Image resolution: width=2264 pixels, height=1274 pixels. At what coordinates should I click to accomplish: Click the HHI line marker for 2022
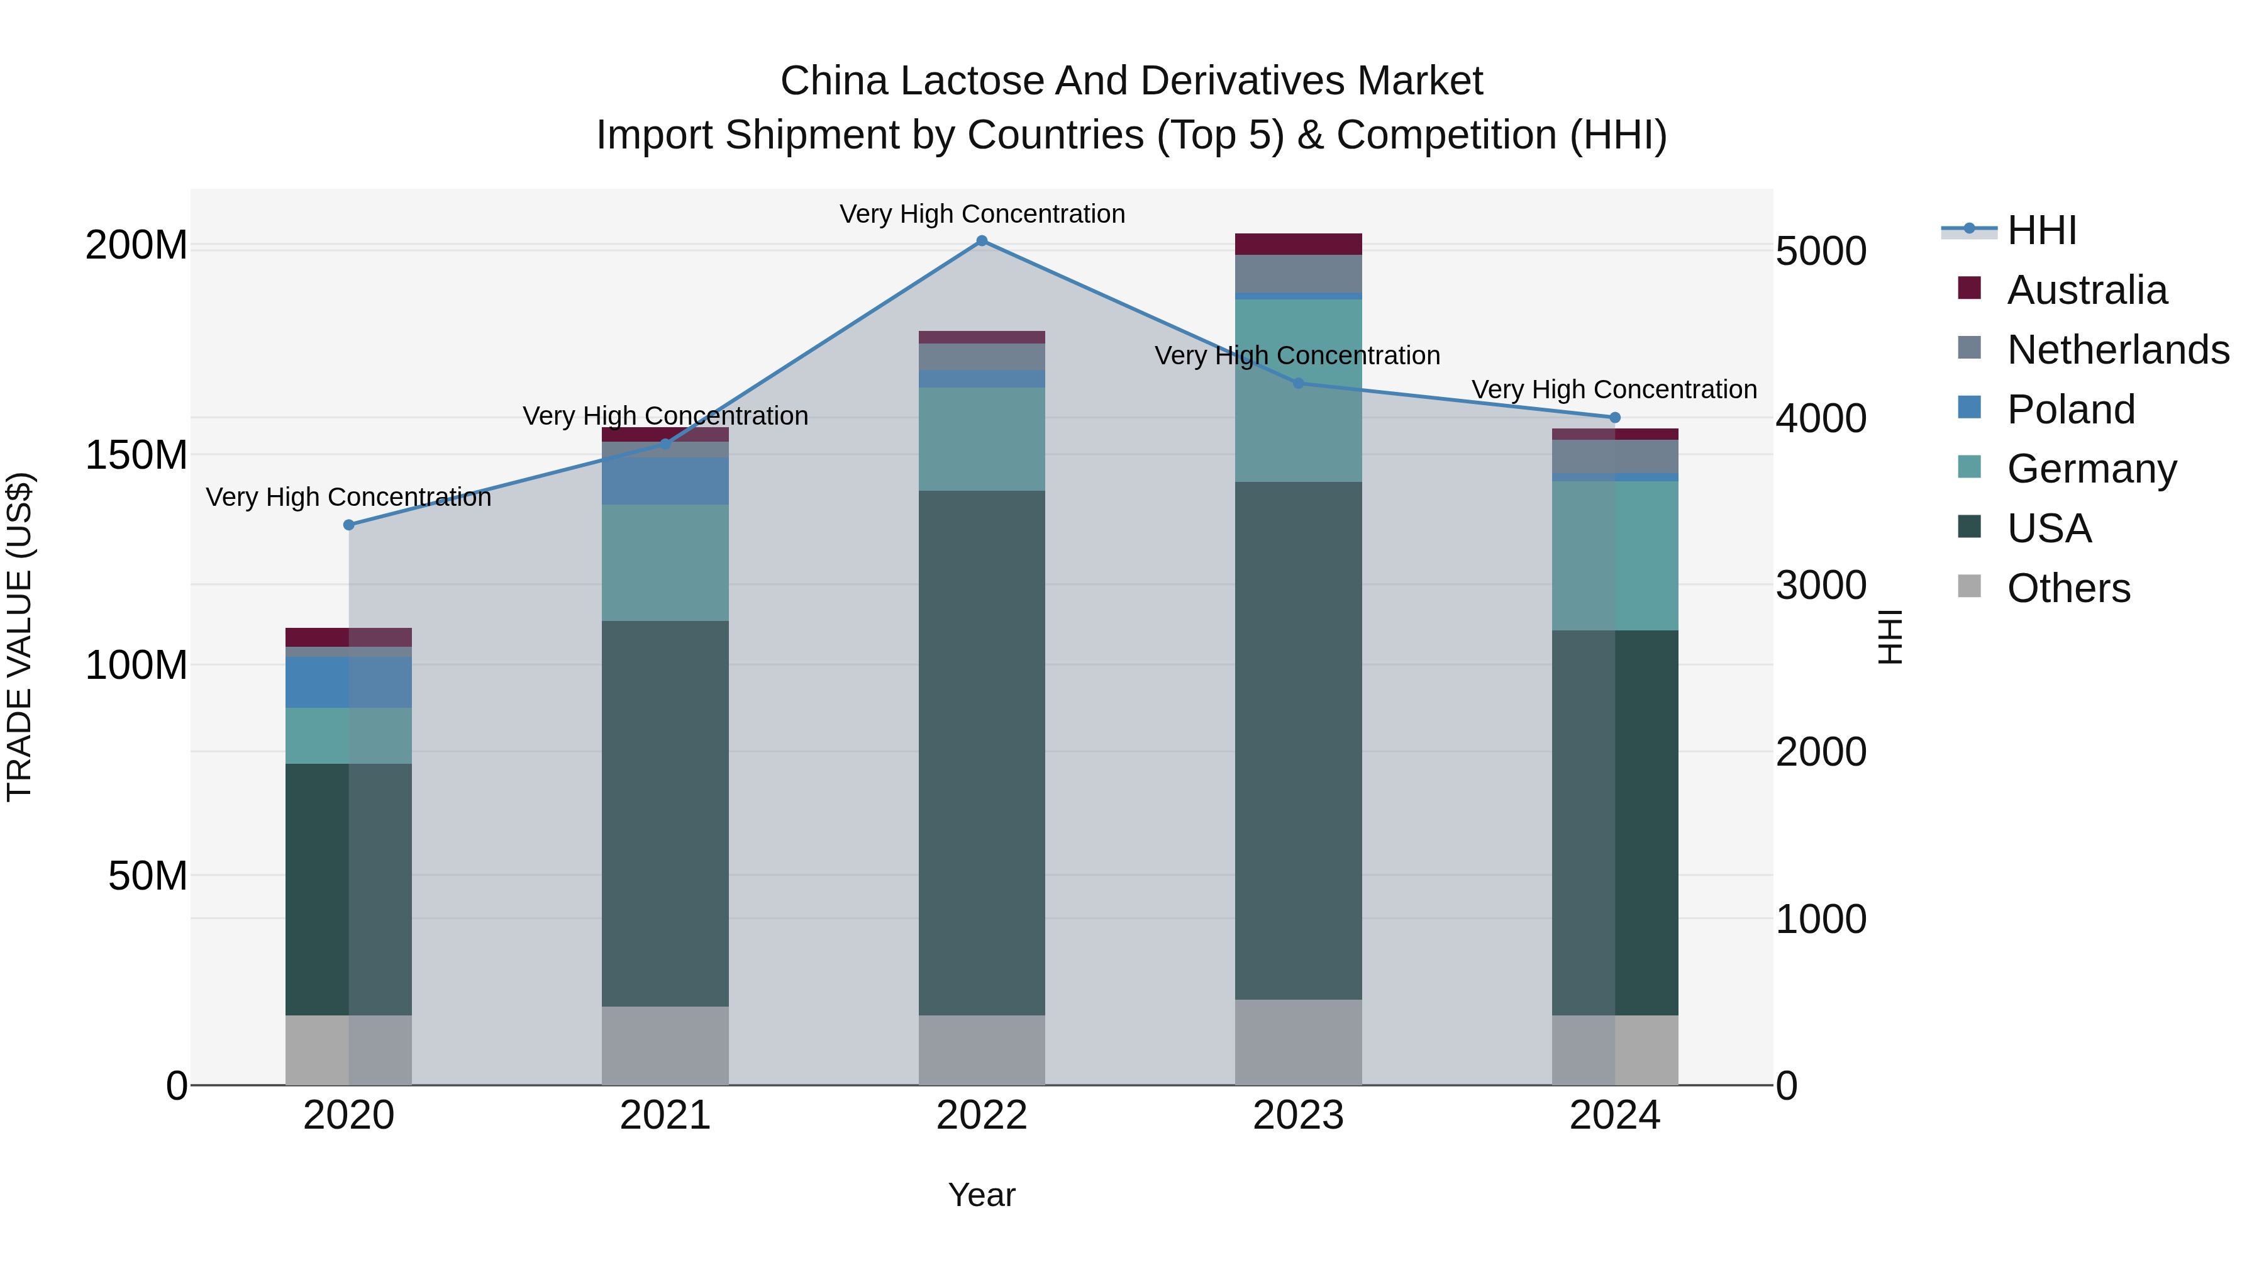982,241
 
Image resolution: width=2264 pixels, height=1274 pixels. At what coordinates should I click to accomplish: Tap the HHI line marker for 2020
349,525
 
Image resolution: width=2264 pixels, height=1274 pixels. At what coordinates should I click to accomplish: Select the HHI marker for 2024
1614,418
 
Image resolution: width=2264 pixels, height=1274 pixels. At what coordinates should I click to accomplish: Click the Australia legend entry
2087,290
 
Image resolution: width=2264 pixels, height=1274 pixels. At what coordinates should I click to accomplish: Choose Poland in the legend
2071,410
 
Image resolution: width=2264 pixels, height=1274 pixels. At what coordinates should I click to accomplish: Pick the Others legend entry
2068,588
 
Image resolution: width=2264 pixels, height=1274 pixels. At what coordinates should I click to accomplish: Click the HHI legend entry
2041,230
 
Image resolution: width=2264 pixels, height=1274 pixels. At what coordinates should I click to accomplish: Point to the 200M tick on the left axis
136,245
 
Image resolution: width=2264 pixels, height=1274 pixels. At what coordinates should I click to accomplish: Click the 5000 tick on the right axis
1821,252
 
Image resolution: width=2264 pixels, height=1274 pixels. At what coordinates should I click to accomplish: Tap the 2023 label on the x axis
1298,1115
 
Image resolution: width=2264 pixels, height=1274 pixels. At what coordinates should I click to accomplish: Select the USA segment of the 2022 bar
982,752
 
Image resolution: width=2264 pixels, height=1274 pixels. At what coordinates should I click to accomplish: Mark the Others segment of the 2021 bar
665,1046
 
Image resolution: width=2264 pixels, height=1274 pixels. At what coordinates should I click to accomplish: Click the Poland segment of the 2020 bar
349,682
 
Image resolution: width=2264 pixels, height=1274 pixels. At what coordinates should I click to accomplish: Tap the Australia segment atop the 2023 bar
1298,243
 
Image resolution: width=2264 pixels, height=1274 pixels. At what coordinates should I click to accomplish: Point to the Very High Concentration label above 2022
982,214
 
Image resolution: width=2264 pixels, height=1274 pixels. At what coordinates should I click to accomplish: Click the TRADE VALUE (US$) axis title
19,637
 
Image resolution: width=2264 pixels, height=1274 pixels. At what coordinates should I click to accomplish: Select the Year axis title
982,1195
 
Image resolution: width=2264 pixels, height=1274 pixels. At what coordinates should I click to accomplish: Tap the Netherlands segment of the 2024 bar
1614,456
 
